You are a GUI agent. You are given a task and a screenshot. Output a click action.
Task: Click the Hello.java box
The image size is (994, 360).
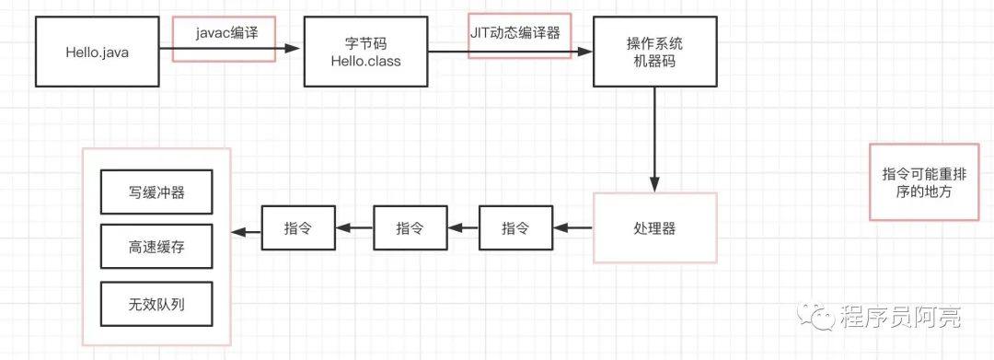97,52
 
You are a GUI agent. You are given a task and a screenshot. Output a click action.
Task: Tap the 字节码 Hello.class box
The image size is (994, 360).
365,52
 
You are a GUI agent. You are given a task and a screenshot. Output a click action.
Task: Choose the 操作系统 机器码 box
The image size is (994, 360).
655,52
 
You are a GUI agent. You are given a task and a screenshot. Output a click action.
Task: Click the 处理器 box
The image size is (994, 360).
655,227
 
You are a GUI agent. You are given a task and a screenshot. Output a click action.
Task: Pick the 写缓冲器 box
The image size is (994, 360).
156,192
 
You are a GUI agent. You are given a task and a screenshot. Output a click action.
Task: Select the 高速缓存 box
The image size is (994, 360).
156,247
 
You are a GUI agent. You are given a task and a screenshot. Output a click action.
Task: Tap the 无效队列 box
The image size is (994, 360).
156,304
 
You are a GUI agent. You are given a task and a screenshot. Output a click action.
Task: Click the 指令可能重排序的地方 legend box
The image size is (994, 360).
924,182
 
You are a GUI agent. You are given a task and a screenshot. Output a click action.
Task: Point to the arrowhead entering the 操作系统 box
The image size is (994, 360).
584,52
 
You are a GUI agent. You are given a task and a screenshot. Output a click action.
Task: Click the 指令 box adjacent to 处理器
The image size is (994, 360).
516,227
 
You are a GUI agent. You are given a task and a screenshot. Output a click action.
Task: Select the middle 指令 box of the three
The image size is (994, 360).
410,227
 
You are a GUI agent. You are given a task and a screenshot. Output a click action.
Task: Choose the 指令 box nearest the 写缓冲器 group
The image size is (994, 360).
298,227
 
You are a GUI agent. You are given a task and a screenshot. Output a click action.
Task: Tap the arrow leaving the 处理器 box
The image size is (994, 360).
572,227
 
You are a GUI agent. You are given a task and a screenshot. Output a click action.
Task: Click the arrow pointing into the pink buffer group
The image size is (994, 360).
247,233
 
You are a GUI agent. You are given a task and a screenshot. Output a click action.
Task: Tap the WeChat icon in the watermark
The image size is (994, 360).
815,315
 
